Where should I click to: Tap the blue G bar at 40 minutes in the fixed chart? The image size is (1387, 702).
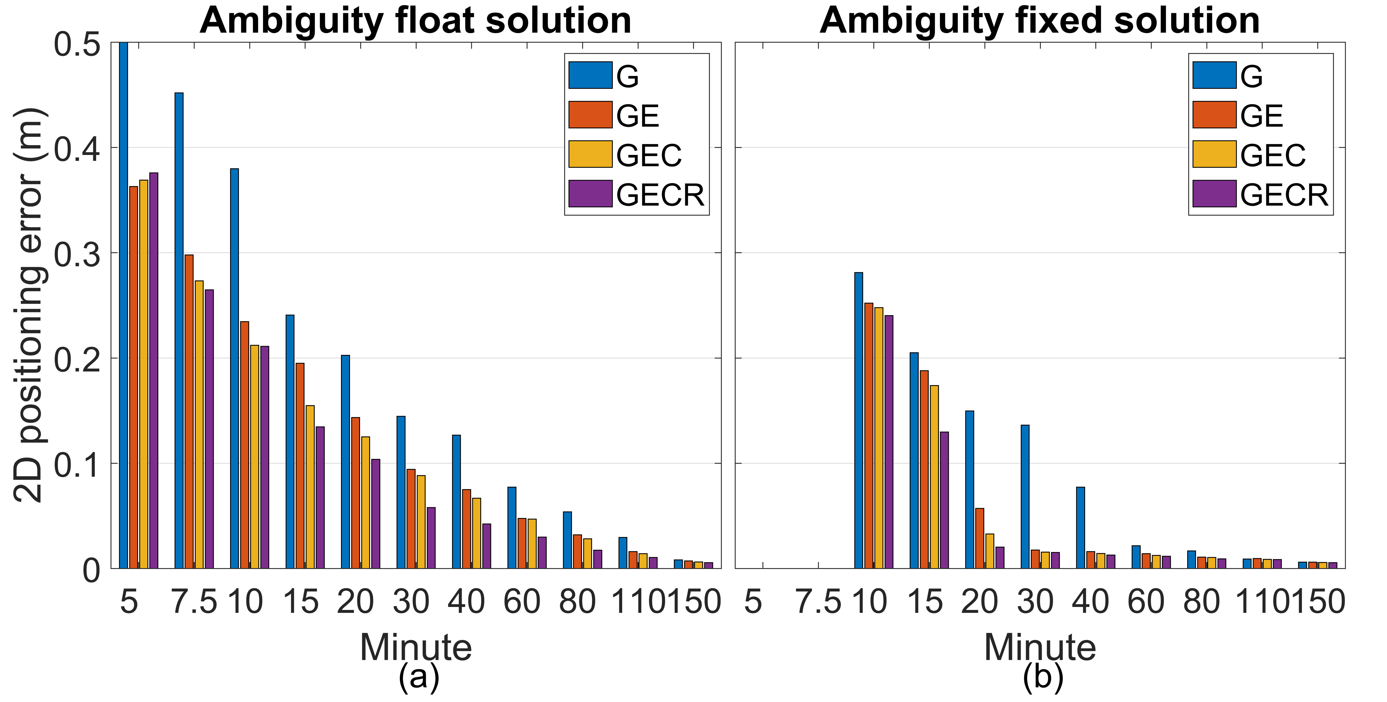pyautogui.click(x=1081, y=527)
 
